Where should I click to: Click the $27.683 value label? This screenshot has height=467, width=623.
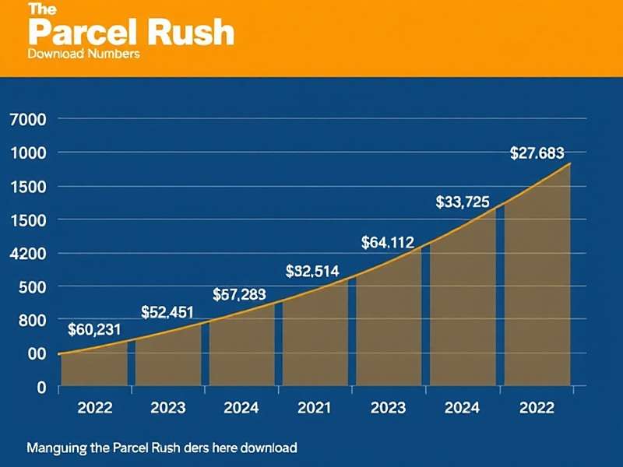(x=537, y=153)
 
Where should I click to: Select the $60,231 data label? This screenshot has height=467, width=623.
(x=94, y=329)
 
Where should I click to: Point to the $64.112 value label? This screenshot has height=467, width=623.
(x=388, y=243)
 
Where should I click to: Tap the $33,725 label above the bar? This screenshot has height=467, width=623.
(x=462, y=202)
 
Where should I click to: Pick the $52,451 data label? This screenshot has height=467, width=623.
(x=167, y=312)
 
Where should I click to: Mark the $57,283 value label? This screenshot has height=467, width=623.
(x=239, y=294)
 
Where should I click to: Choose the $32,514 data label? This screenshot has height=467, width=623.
(x=311, y=271)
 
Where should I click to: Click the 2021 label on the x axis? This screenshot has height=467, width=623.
(x=315, y=407)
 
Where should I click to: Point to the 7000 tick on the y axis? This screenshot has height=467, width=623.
(x=28, y=120)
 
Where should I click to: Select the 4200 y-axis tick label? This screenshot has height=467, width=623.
(x=28, y=254)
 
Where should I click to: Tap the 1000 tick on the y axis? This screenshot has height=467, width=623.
(x=28, y=153)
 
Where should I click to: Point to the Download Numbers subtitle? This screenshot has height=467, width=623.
(x=83, y=54)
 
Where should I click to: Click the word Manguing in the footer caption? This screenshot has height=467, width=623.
(x=55, y=448)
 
